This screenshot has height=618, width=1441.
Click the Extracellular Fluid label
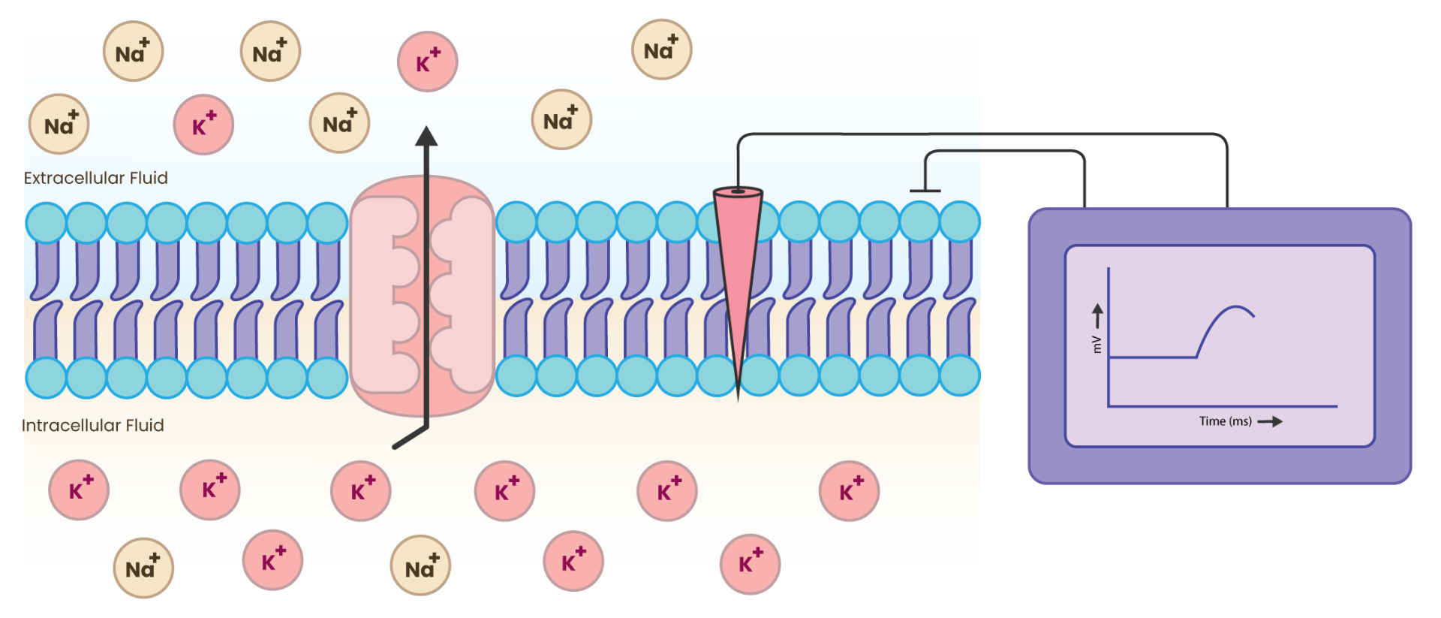tap(95, 178)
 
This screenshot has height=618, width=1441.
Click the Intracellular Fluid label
tap(92, 426)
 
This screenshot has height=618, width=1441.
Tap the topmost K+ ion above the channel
tap(427, 62)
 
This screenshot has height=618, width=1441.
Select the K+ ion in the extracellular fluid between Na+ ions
tap(203, 125)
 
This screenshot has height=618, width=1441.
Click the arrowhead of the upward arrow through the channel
tap(426, 136)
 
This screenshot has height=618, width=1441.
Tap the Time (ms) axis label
tap(1225, 421)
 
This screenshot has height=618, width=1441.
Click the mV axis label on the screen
tap(1097, 344)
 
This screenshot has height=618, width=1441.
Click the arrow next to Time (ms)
tap(1270, 422)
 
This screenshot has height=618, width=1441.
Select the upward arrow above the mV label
tap(1097, 315)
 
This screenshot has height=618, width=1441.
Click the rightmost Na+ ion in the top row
tap(661, 50)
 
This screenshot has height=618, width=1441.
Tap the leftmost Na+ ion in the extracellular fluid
tap(59, 124)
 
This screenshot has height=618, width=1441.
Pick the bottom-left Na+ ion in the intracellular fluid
tap(143, 568)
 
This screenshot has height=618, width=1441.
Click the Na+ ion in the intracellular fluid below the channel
tap(420, 565)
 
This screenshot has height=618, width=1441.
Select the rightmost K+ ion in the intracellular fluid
tap(849, 491)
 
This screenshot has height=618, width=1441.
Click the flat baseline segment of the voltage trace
tap(1152, 357)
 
